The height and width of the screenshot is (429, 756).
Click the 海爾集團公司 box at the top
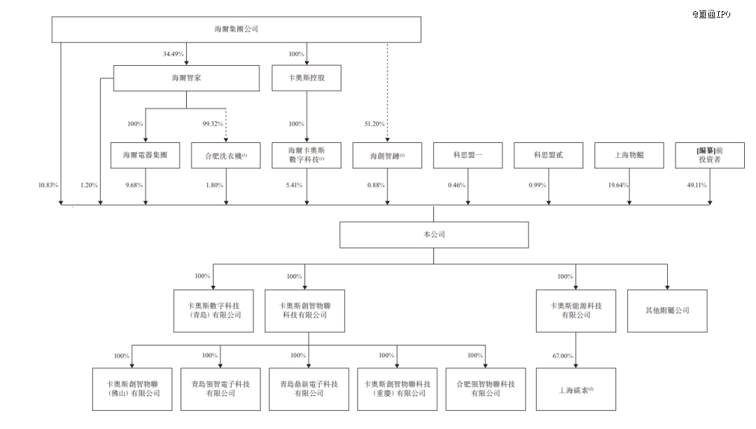point(237,29)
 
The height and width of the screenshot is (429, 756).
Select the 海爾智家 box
point(186,79)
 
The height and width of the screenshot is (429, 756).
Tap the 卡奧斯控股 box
point(307,79)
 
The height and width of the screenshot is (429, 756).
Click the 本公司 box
point(433,235)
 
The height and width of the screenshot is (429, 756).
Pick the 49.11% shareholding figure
point(696,185)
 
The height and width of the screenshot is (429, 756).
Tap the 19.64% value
point(618,185)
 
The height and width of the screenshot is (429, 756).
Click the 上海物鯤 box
point(629,155)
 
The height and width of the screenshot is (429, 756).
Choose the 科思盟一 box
point(468,155)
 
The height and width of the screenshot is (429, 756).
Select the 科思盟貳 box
point(548,155)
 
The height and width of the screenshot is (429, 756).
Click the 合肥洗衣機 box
point(225,155)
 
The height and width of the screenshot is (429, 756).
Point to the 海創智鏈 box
point(387,155)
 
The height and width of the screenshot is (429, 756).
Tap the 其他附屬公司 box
point(667,310)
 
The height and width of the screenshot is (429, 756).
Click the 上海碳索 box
point(576,389)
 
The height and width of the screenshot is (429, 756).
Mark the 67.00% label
point(563,356)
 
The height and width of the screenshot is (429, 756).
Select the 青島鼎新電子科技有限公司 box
point(309,389)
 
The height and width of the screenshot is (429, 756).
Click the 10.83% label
point(48,185)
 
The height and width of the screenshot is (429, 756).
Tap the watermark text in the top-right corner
point(711,14)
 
